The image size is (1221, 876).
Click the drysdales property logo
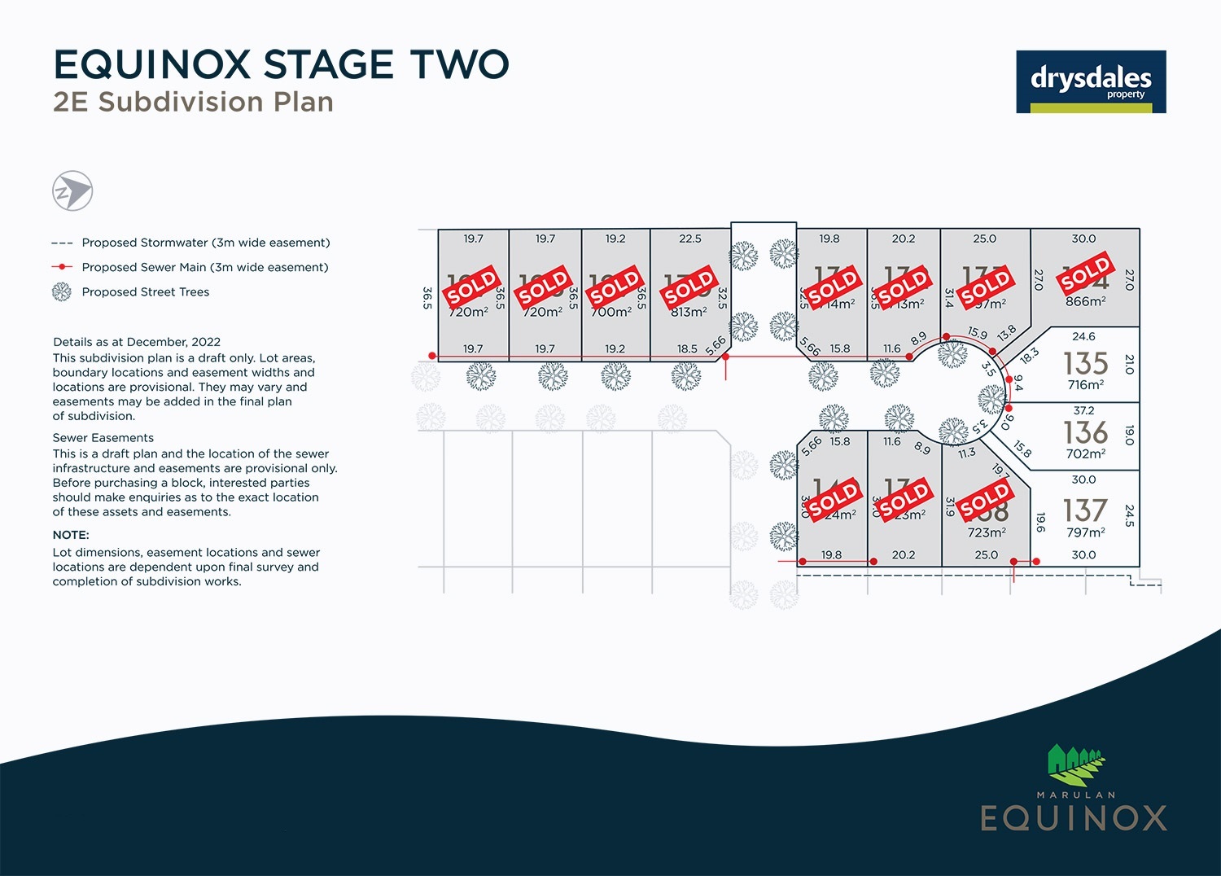point(1091,81)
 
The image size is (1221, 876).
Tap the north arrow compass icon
point(72,192)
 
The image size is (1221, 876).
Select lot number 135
point(1086,364)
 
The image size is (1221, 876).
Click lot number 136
point(1086,432)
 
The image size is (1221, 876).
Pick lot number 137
point(1086,510)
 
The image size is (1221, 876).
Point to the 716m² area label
point(1086,385)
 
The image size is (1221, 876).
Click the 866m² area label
point(1086,301)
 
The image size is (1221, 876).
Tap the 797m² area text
point(1086,532)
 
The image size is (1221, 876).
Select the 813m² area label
point(689,312)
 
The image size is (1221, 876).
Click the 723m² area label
point(987,532)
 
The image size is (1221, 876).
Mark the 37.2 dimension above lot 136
point(1083,411)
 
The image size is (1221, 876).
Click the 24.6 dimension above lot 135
point(1083,336)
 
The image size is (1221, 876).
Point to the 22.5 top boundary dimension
point(689,239)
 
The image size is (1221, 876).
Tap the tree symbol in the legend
point(62,292)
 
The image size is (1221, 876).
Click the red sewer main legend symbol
point(62,267)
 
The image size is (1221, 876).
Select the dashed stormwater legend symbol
point(62,243)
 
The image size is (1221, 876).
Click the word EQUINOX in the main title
point(152,65)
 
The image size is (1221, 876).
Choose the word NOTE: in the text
point(71,535)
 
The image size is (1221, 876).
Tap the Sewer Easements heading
point(103,438)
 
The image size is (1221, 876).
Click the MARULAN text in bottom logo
point(1075,795)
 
